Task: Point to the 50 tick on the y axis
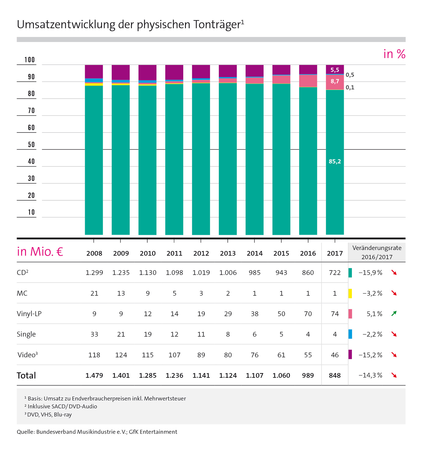pos(31,145)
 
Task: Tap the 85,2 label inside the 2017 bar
pos(335,162)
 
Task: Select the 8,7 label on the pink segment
pos(335,82)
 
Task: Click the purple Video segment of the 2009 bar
pos(121,72)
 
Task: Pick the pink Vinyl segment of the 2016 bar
pos(308,81)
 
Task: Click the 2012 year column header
pos(201,253)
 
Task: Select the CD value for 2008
pos(94,273)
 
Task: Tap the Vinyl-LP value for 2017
pos(335,314)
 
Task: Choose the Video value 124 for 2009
pos(121,355)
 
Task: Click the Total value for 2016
pos(308,376)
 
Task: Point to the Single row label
pos(26,334)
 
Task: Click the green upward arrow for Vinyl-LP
pos(394,314)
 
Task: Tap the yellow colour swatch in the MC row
pos(350,293)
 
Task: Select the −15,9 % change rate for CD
pos(370,273)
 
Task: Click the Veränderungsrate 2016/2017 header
pos(377,252)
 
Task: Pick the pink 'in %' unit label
pos(394,54)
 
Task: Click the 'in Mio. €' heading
pos(40,252)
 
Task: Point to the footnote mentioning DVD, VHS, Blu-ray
pos(49,415)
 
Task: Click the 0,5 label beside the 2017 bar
pos(350,75)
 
